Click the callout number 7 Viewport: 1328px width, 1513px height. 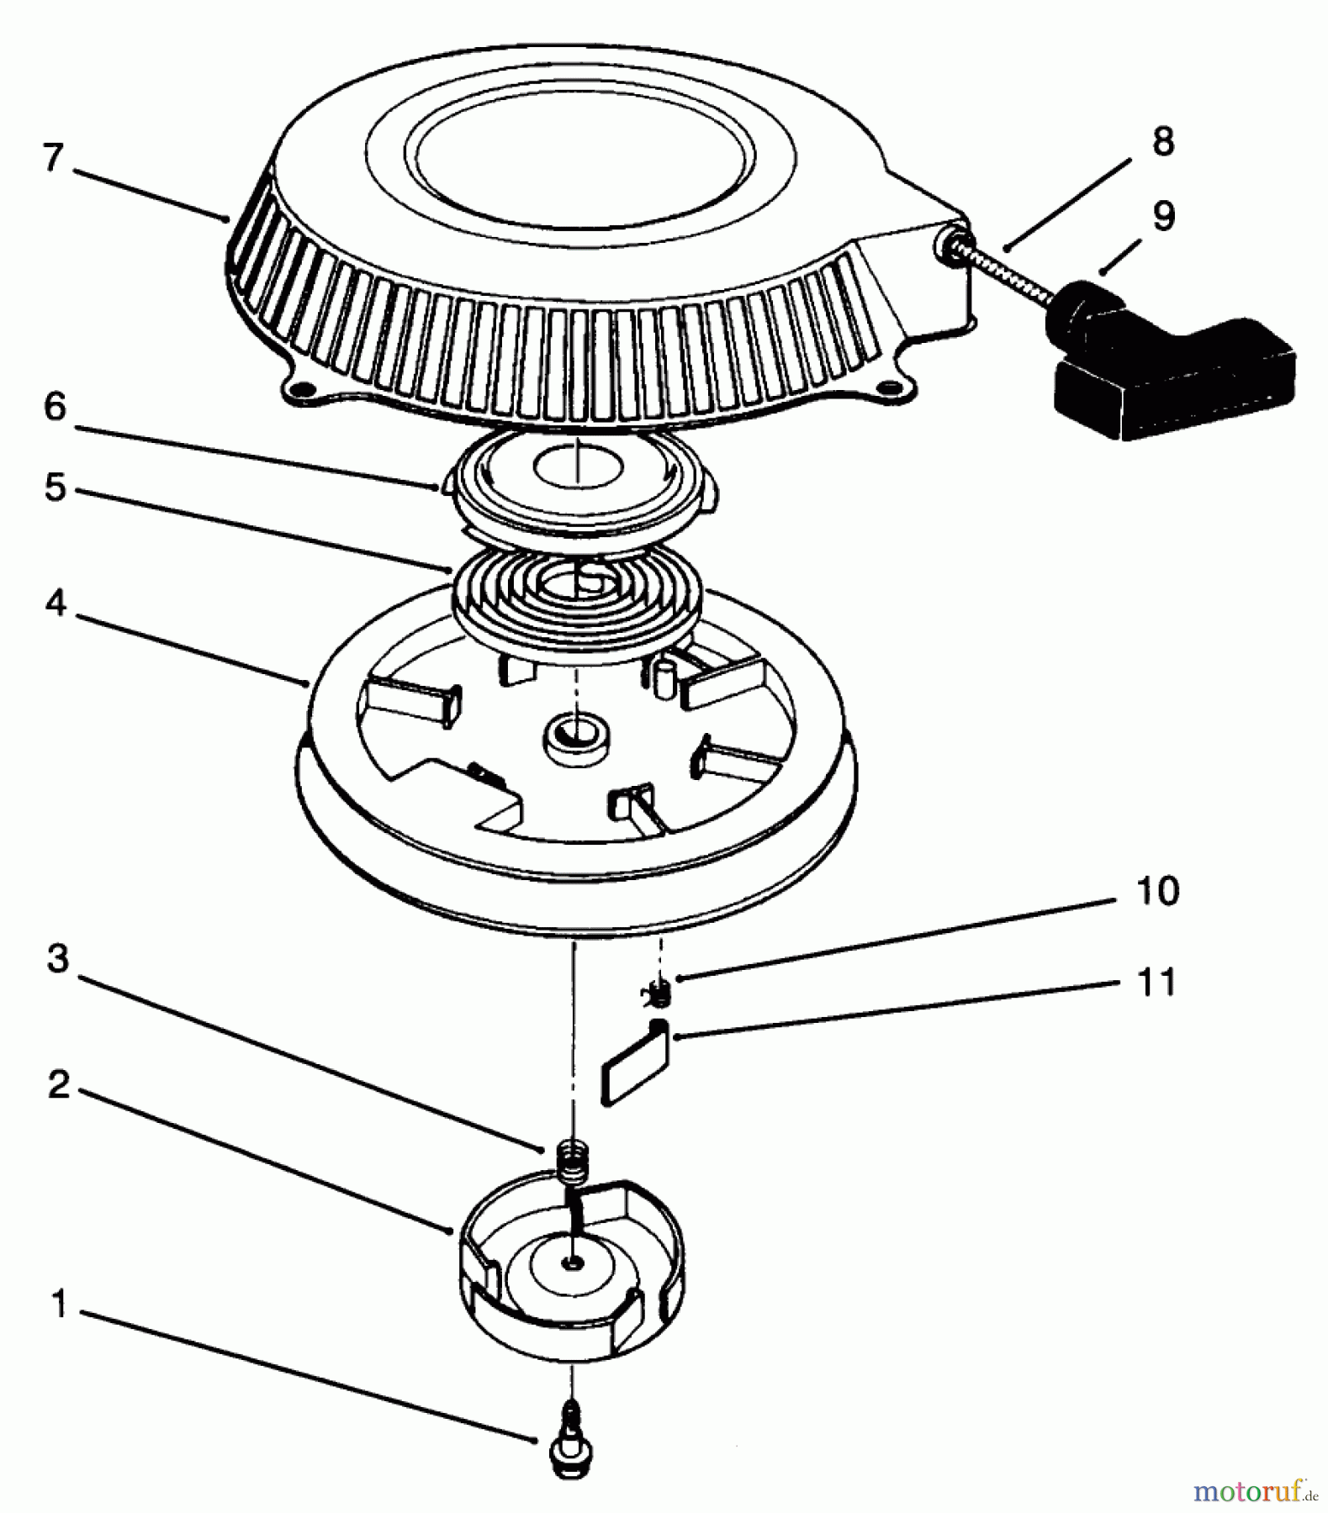53,158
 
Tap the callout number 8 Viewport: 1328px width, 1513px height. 1162,142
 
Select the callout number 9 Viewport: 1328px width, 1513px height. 1162,216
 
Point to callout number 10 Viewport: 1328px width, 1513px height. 1156,890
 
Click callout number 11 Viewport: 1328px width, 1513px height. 1156,982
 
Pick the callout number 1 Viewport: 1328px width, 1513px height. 58,1305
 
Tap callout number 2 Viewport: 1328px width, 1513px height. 58,1085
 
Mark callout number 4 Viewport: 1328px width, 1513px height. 55,603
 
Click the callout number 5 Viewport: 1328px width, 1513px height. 55,487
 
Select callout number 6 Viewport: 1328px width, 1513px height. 55,407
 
